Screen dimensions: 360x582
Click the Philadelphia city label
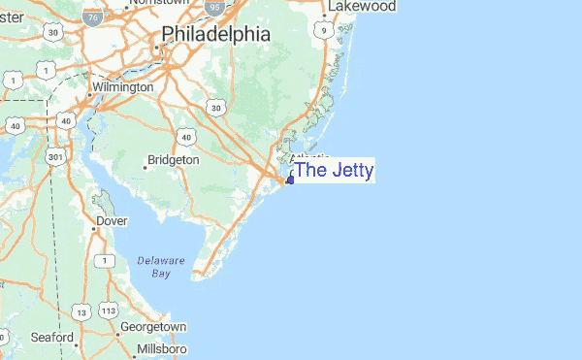point(215,35)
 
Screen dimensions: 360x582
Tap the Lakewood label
point(363,7)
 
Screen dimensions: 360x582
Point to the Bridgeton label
point(176,159)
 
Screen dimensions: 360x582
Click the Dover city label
point(112,221)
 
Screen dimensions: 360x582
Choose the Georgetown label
point(152,327)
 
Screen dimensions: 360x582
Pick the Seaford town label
point(51,338)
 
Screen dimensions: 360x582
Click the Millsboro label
point(161,348)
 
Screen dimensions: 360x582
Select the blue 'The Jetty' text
point(334,171)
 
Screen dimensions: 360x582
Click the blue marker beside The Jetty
point(290,180)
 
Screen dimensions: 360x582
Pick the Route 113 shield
point(108,311)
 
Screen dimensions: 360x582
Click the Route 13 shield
point(83,311)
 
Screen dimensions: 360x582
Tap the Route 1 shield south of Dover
point(102,260)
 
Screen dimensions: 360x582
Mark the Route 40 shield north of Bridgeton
point(184,136)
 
